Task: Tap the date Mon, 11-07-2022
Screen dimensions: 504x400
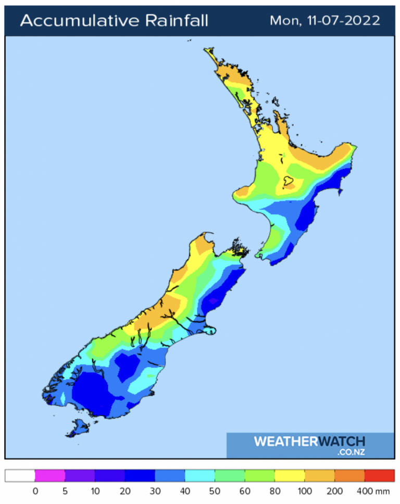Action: (x=324, y=21)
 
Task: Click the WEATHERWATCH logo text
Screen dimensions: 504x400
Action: (x=309, y=442)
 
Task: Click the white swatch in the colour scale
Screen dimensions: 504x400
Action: (x=20, y=475)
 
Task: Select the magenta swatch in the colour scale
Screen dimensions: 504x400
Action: (x=50, y=475)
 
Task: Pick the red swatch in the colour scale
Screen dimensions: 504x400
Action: (x=380, y=475)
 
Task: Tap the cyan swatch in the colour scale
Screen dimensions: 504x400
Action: (x=200, y=475)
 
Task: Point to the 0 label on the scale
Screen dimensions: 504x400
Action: (x=35, y=491)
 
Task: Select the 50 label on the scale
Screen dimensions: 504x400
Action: (x=215, y=491)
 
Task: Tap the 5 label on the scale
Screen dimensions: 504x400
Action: (x=65, y=491)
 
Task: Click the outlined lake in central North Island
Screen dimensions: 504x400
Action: (x=286, y=182)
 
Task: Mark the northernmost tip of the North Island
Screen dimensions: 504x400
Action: (x=207, y=51)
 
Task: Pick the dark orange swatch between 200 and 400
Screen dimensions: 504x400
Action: (x=349, y=475)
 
